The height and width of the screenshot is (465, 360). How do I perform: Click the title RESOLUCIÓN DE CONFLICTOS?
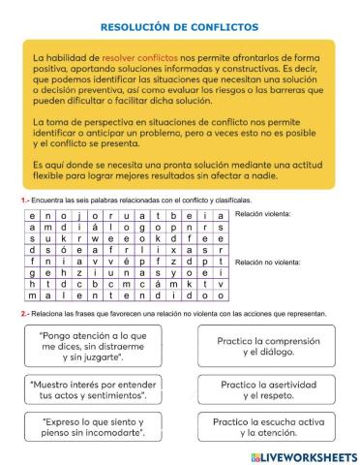click(x=179, y=27)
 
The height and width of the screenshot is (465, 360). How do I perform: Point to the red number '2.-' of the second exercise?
click(x=24, y=314)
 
